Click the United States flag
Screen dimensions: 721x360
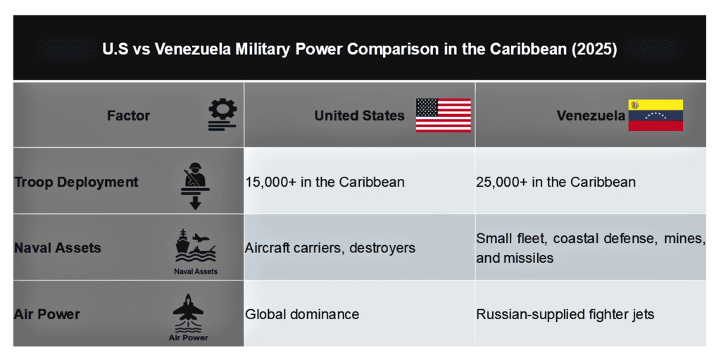click(444, 115)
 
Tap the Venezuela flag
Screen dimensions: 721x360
click(656, 115)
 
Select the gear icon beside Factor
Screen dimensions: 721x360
click(222, 115)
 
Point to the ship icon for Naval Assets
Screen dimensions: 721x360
click(196, 247)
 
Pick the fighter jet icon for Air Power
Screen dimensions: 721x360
click(188, 314)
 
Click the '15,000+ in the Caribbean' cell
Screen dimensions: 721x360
click(325, 182)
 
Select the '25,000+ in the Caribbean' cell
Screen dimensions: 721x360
click(556, 182)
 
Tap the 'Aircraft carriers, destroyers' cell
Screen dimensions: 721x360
click(330, 248)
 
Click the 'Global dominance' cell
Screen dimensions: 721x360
click(301, 314)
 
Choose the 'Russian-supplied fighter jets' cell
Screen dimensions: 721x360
click(565, 314)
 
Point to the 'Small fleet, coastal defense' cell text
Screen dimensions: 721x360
click(591, 248)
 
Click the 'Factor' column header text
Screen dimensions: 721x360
click(128, 116)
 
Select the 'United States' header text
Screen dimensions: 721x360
click(359, 116)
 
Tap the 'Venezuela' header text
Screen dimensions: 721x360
click(591, 116)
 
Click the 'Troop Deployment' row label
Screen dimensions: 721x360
click(76, 182)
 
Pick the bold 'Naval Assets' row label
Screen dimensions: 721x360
click(58, 248)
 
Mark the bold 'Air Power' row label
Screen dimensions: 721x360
click(47, 314)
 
